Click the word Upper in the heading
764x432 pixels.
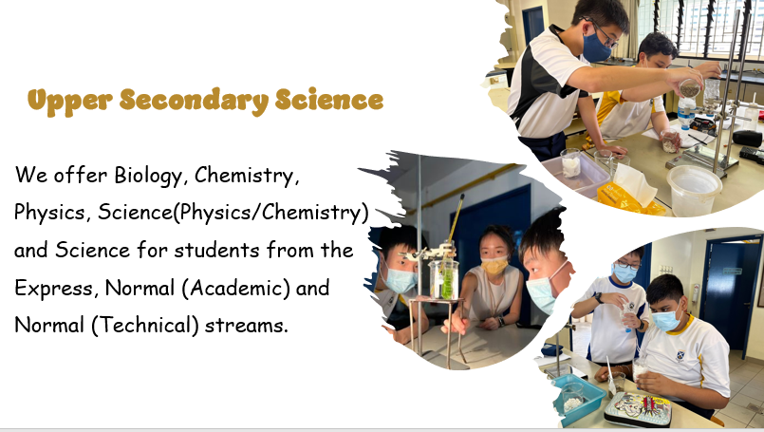coord(69,102)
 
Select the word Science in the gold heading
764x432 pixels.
coord(329,100)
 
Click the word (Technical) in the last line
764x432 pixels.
coord(144,326)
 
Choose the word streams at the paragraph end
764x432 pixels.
coord(247,326)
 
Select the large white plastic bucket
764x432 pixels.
coord(694,189)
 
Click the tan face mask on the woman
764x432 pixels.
coord(494,266)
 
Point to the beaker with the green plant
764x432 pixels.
coord(444,279)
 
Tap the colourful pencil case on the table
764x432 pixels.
coord(638,408)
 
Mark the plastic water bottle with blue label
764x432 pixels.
coord(685,113)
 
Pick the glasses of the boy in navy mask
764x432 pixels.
coord(603,33)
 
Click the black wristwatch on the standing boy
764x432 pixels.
coord(598,297)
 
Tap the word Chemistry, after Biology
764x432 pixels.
coord(245,176)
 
